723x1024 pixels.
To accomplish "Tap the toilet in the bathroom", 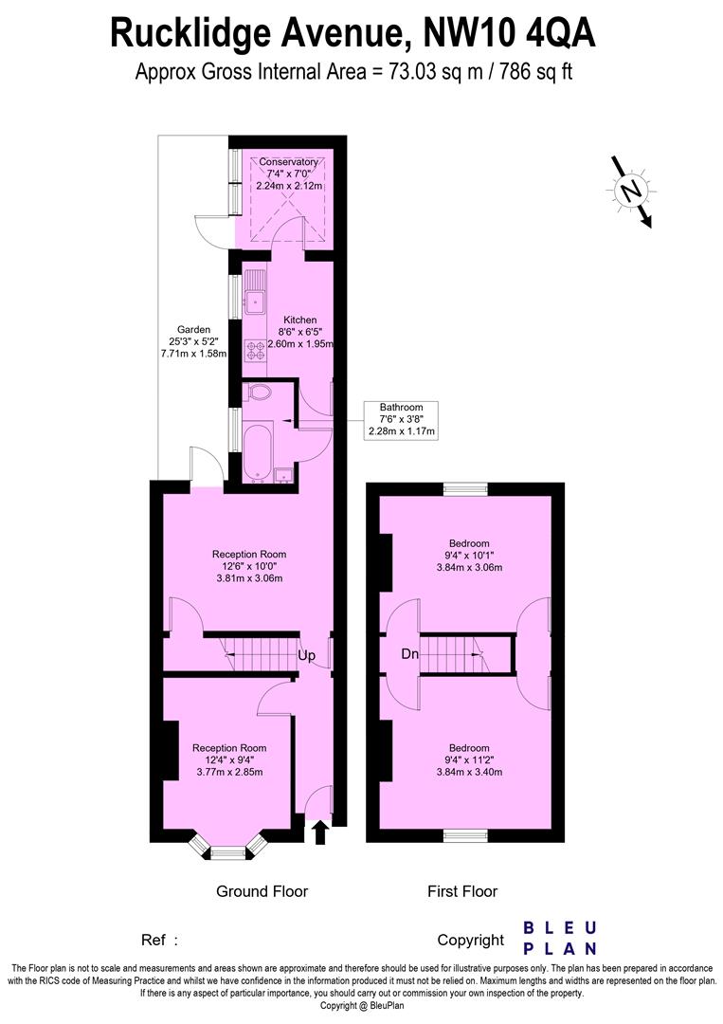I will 258,393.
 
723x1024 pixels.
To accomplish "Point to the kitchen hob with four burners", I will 257,351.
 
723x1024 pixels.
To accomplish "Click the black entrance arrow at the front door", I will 319,832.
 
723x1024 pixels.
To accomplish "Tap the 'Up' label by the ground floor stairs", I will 306,655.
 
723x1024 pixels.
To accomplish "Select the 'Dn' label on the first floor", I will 409,653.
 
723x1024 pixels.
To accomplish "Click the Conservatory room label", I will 289,162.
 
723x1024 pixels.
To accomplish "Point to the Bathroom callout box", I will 402,419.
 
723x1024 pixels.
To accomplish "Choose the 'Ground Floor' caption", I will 262,891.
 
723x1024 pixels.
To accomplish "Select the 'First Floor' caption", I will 462,891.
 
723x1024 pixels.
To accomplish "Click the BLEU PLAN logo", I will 561,937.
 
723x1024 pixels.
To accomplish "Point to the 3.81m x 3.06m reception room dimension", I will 248,577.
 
